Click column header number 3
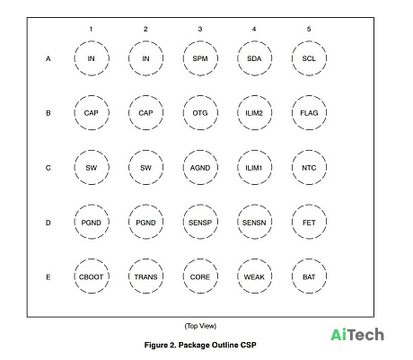click(200, 29)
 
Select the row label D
click(48, 223)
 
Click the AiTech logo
click(357, 335)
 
